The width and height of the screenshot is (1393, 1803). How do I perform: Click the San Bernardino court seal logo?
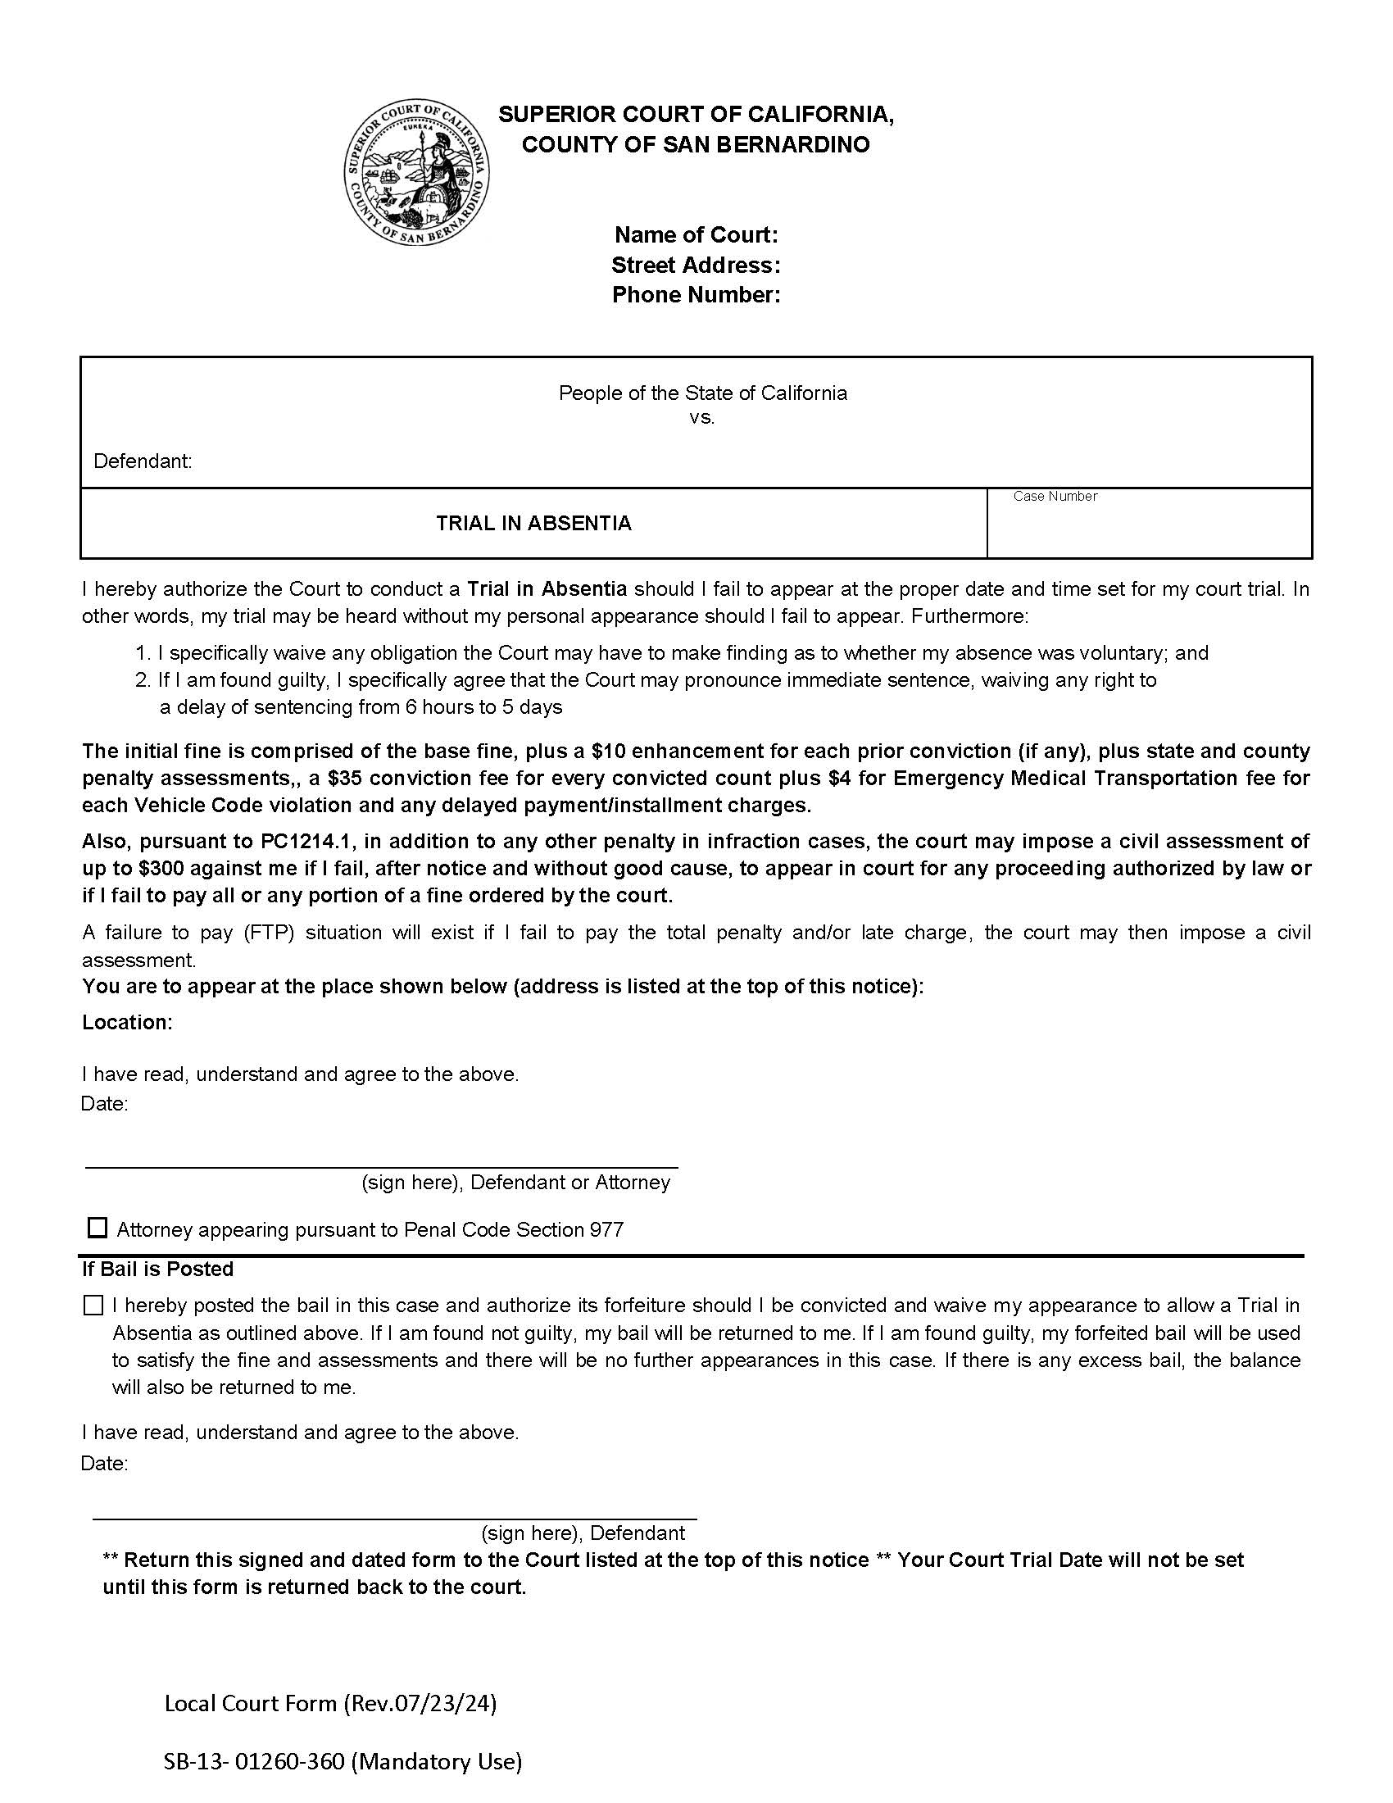(417, 173)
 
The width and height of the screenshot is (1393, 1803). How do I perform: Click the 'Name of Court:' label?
(696, 235)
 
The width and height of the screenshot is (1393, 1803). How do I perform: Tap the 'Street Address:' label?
(696, 265)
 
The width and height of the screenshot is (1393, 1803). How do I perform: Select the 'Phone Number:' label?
(696, 295)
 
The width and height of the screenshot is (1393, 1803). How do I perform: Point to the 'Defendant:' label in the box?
(142, 461)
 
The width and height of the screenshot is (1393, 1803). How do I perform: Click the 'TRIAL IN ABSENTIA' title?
(533, 524)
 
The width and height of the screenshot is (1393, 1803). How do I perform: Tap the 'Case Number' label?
(1055, 496)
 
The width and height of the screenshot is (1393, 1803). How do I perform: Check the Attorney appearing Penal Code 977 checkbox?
(98, 1228)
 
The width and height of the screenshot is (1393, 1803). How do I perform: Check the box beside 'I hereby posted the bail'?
(93, 1306)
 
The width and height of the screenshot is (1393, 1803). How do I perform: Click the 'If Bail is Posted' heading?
(157, 1269)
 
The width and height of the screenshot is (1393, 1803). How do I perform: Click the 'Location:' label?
(127, 1022)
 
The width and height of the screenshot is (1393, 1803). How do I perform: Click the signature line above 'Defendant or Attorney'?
(381, 1166)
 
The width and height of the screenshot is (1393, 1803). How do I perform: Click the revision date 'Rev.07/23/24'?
(420, 1703)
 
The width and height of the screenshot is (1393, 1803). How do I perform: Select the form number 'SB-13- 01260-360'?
(253, 1762)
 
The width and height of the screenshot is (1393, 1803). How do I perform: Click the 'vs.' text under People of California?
(701, 418)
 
